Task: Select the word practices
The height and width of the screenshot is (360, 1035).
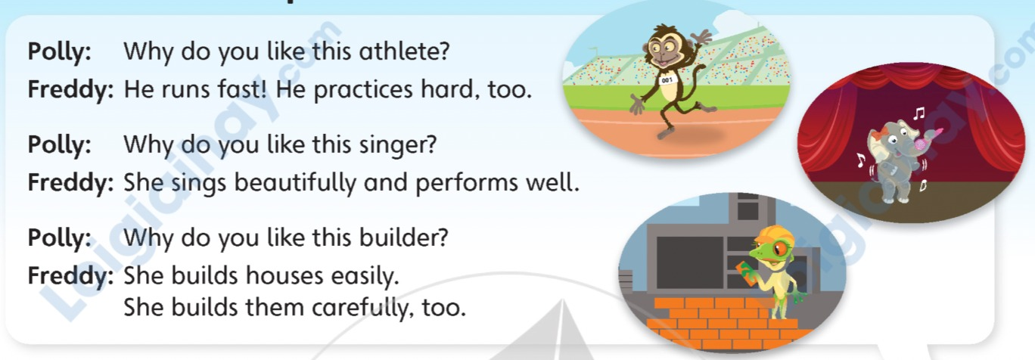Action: coord(363,90)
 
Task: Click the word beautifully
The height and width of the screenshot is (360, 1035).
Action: coord(295,183)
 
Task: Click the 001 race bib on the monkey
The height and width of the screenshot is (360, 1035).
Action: coord(667,80)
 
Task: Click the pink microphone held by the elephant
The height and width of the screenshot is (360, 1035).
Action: coord(924,139)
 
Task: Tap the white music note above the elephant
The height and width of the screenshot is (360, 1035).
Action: coord(919,113)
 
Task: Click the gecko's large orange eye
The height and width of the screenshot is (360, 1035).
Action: coord(780,250)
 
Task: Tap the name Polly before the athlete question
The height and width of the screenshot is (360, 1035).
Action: coord(60,51)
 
